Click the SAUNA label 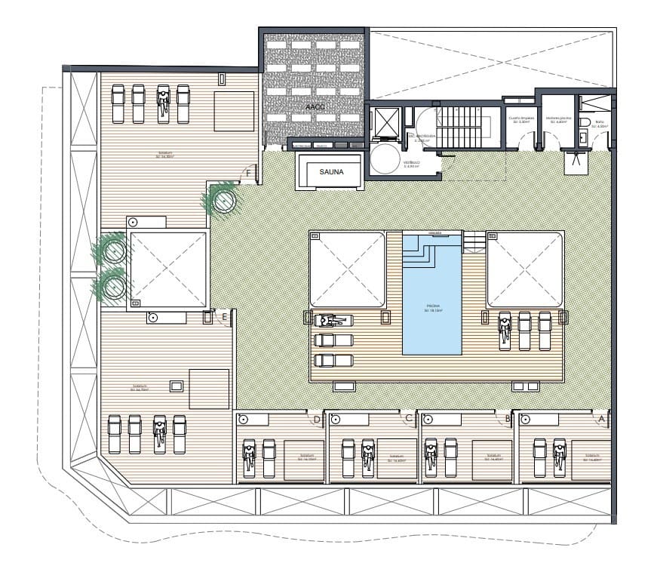coord(331,171)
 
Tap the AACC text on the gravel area coord(315,107)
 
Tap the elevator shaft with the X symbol coord(385,120)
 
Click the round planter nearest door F coord(223,200)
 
